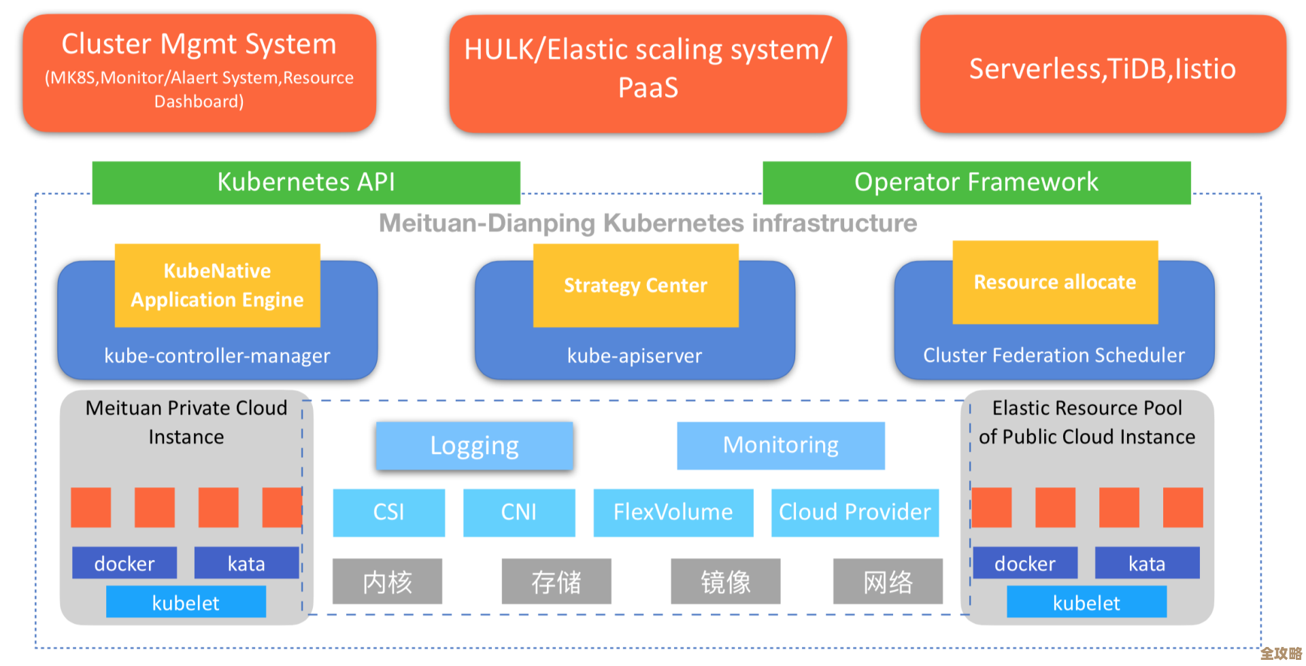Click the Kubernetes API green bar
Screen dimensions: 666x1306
tap(306, 182)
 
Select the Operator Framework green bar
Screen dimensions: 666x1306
tap(976, 182)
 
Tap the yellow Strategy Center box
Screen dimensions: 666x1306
tap(635, 285)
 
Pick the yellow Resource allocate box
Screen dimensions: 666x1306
tap(1054, 282)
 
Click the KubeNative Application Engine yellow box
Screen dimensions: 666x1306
tap(217, 285)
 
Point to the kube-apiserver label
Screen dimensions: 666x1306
tap(635, 355)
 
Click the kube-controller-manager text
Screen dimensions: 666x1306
tap(217, 355)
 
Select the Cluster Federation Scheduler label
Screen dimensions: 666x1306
tap(1054, 355)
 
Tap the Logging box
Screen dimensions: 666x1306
tap(474, 446)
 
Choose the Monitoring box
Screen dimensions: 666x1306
tap(780, 445)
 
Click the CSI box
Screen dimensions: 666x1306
tap(388, 512)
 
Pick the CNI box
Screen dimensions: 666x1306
tap(518, 512)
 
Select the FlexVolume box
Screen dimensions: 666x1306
tap(673, 512)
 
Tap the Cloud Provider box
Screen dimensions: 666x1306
tap(854, 512)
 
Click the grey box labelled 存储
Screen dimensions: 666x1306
tap(556, 582)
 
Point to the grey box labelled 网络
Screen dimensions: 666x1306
tap(888, 582)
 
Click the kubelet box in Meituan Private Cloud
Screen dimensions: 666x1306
tap(186, 602)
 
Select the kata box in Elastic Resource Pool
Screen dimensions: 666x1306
tap(1147, 563)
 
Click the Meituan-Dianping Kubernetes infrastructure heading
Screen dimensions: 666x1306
tap(648, 224)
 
